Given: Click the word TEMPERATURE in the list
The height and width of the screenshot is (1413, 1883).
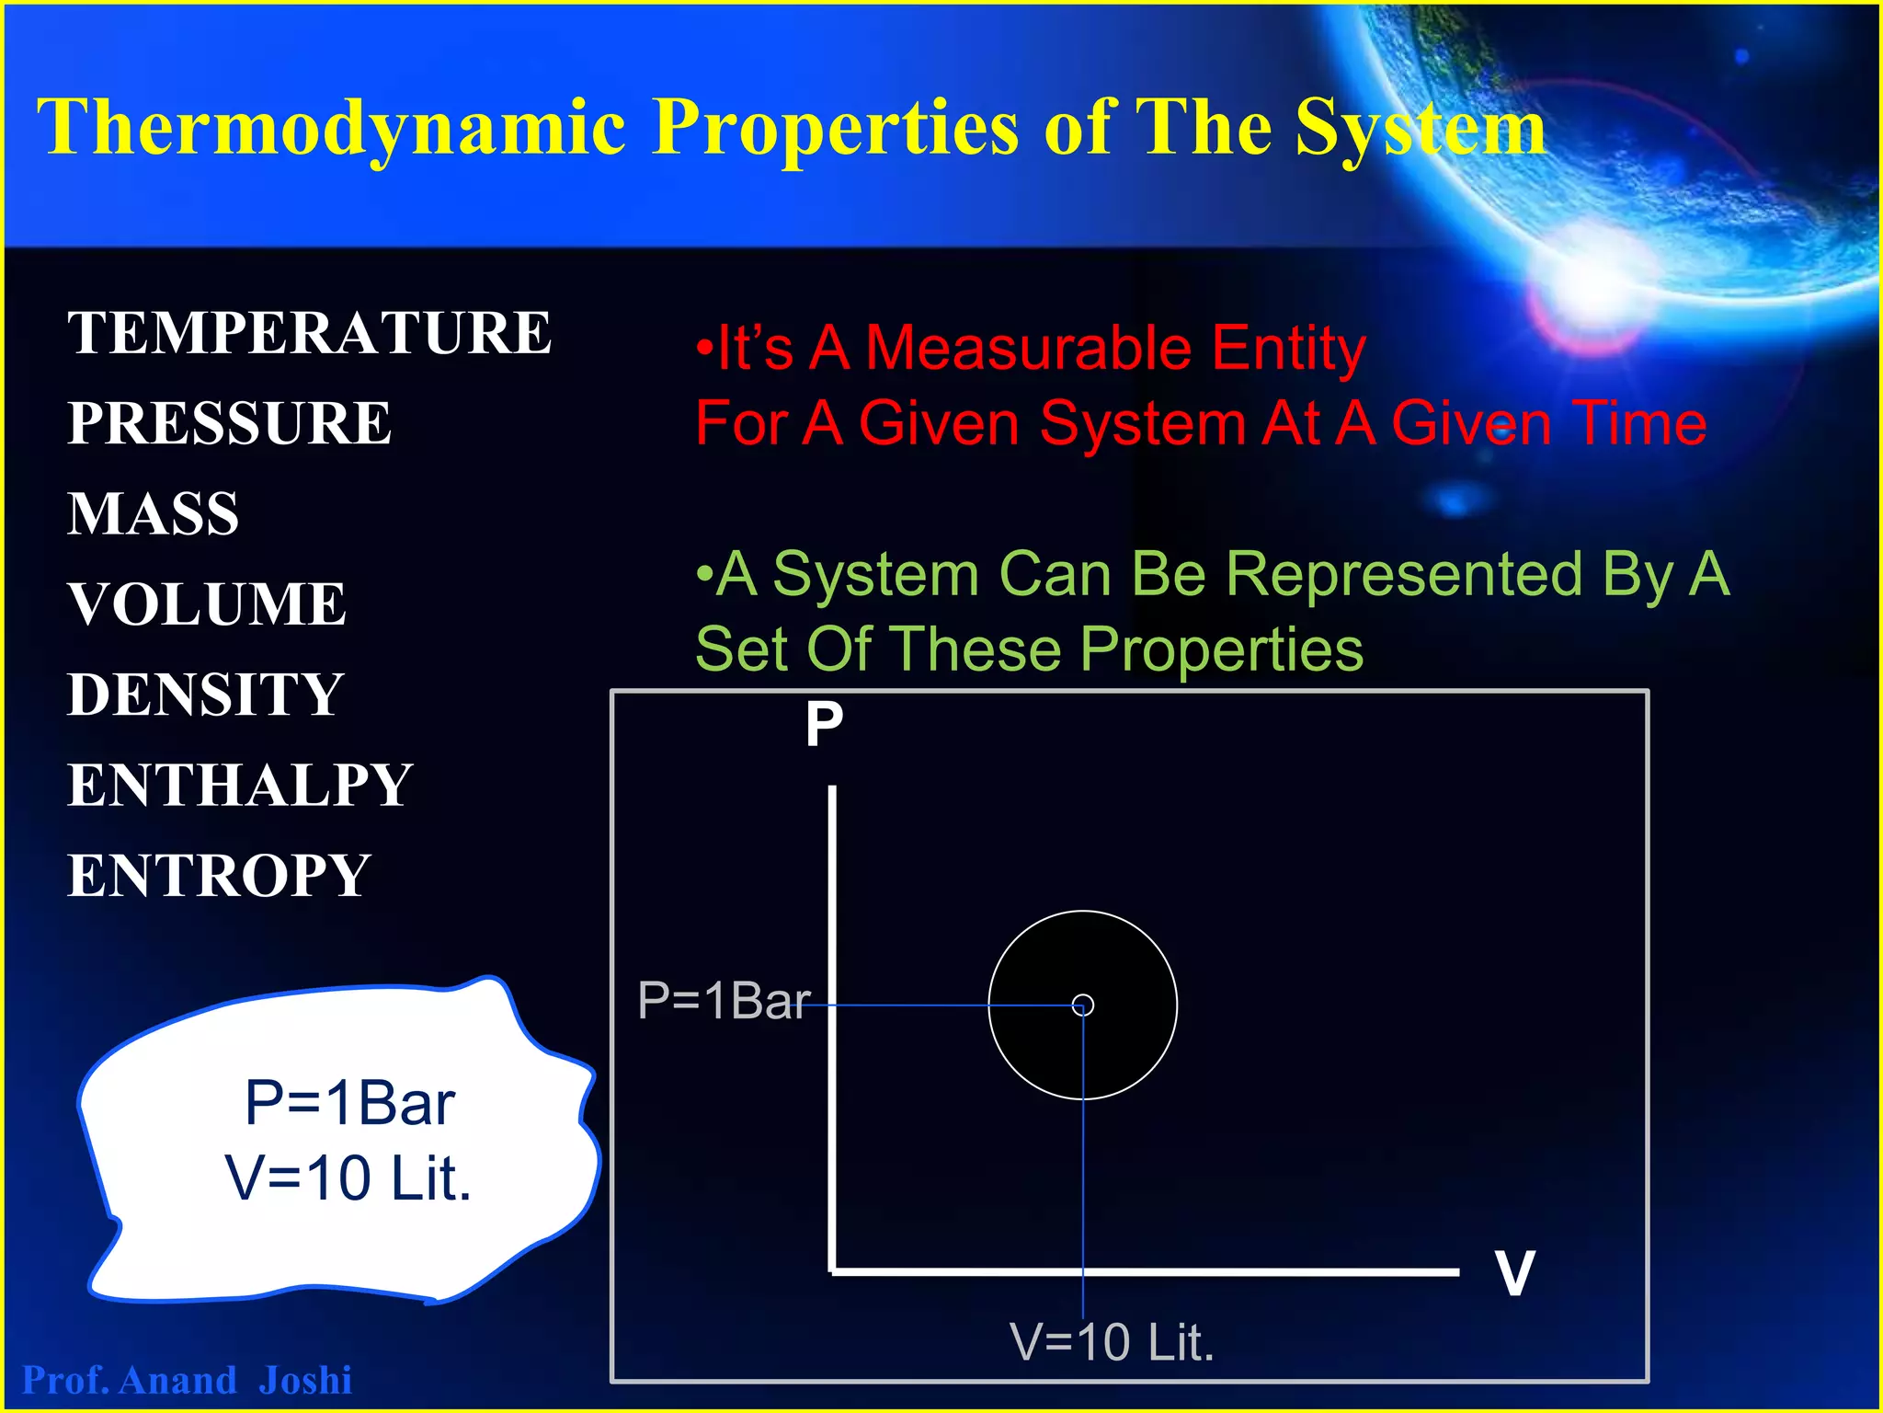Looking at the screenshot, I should pyautogui.click(x=309, y=333).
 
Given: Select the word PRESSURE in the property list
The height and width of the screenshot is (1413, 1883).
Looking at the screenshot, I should pyautogui.click(x=230, y=423).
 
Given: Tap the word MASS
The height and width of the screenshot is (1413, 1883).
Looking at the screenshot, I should pyautogui.click(x=154, y=513).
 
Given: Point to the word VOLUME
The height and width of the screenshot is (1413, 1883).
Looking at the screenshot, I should pyautogui.click(x=207, y=604).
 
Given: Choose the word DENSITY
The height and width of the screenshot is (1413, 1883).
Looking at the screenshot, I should pyautogui.click(x=206, y=695).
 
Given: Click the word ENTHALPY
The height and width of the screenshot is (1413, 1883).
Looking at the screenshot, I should pyautogui.click(x=240, y=786).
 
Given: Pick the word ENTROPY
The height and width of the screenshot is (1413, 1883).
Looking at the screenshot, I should pyautogui.click(x=219, y=876).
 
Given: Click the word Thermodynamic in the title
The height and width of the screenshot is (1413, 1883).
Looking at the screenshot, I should pyautogui.click(x=331, y=129).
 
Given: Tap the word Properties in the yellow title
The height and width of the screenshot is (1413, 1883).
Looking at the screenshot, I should pyautogui.click(x=835, y=127).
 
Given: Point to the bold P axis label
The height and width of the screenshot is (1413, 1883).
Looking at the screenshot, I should pyautogui.click(x=824, y=725).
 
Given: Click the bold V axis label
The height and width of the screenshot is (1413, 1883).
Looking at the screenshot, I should pyautogui.click(x=1514, y=1273).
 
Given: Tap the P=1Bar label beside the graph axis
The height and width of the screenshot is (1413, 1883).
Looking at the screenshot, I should pyautogui.click(x=724, y=1001).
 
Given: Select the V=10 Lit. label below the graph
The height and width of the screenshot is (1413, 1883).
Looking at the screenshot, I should pyautogui.click(x=1112, y=1342).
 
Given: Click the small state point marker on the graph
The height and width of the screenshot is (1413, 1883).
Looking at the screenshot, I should pyautogui.click(x=1083, y=1005).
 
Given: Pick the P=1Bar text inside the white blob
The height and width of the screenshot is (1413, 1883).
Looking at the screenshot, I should pyautogui.click(x=349, y=1103).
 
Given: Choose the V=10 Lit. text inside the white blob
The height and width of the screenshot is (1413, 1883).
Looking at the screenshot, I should pyautogui.click(x=348, y=1178).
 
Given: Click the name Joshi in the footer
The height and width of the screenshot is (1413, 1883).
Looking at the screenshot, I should pyautogui.click(x=305, y=1381).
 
